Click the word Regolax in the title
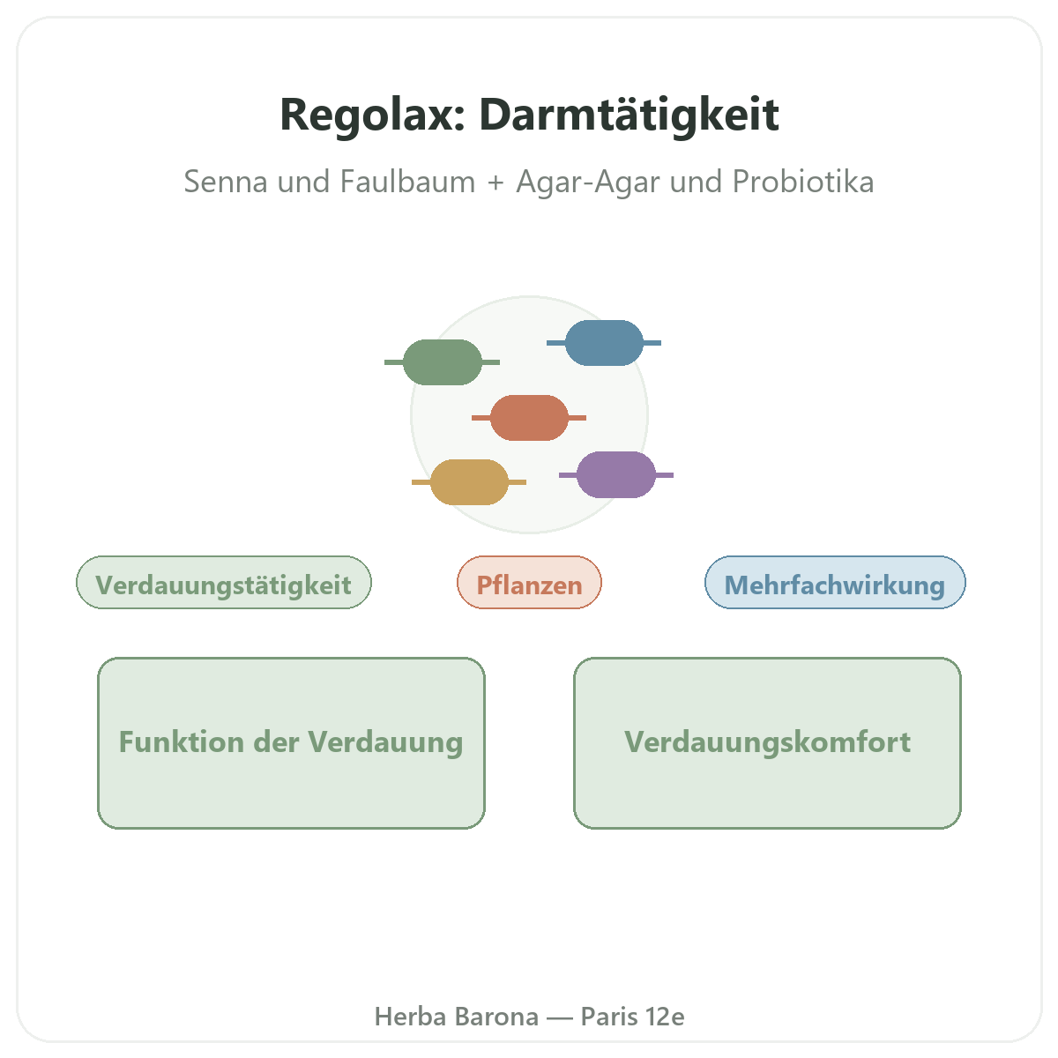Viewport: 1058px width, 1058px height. click(x=373, y=115)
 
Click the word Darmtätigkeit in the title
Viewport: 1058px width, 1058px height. click(x=630, y=115)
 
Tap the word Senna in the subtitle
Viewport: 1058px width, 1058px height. click(x=226, y=182)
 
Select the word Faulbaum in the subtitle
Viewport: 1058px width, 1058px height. click(x=407, y=182)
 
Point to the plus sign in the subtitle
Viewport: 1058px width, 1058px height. click(x=495, y=183)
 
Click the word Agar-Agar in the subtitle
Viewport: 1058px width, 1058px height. click(x=587, y=183)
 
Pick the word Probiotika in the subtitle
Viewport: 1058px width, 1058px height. click(x=802, y=182)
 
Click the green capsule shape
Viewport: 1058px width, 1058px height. click(x=442, y=361)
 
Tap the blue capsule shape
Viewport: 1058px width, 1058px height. click(x=603, y=343)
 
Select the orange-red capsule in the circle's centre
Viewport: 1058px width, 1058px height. click(x=529, y=417)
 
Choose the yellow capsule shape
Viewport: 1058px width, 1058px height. click(x=469, y=482)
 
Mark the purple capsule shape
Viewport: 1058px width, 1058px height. click(x=616, y=475)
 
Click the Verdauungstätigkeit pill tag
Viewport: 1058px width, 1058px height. click(x=223, y=582)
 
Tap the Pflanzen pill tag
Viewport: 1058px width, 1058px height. click(x=529, y=582)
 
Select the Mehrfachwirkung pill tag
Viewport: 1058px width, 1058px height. click(x=835, y=582)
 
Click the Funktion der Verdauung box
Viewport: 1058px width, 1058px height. click(x=291, y=743)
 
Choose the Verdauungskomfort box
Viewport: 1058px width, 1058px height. click(x=767, y=743)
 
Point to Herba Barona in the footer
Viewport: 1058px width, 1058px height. click(x=456, y=1017)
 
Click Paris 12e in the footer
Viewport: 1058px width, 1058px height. click(x=632, y=1017)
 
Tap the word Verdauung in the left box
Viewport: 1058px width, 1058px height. click(x=385, y=743)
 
